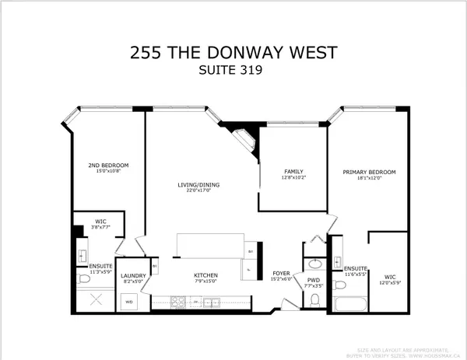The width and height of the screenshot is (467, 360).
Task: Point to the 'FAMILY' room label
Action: [x=293, y=172]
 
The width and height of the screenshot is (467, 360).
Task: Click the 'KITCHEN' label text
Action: [x=206, y=276]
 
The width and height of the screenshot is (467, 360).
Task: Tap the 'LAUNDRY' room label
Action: [x=135, y=275]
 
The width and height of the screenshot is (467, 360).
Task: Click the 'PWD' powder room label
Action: [x=314, y=280]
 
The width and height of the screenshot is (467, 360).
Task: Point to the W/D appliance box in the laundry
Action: [x=129, y=301]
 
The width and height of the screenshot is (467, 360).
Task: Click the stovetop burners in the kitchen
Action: [x=174, y=301]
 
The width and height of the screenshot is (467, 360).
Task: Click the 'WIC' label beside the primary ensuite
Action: [x=391, y=274]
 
